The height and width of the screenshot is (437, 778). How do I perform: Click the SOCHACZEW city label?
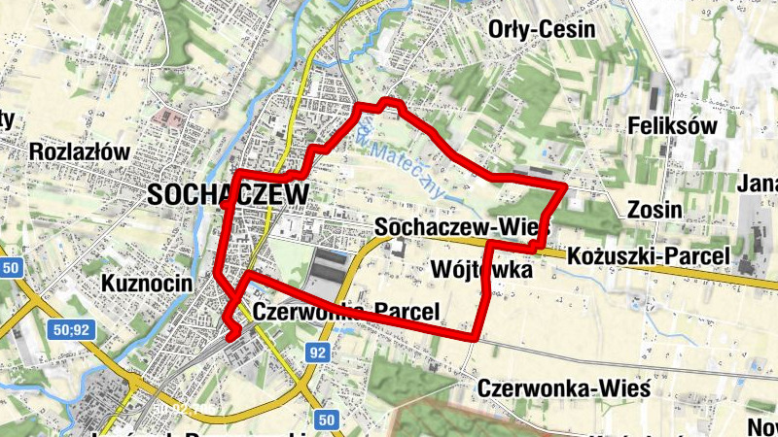click(229, 194)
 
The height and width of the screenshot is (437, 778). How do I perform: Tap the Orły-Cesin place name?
click(541, 29)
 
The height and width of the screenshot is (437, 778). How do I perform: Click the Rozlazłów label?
click(80, 151)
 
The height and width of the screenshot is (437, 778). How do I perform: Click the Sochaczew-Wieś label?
click(462, 226)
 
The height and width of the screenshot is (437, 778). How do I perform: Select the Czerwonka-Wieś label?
click(563, 388)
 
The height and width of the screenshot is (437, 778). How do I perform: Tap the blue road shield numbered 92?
click(317, 353)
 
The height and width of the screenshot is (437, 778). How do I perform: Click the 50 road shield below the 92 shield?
click(327, 420)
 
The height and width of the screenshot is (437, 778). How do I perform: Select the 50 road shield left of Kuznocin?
click(11, 268)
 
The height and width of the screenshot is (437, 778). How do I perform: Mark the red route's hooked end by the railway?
click(232, 336)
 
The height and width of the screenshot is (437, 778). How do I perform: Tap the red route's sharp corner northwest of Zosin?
click(564, 184)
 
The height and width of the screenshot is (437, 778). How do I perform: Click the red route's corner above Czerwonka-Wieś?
click(476, 336)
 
